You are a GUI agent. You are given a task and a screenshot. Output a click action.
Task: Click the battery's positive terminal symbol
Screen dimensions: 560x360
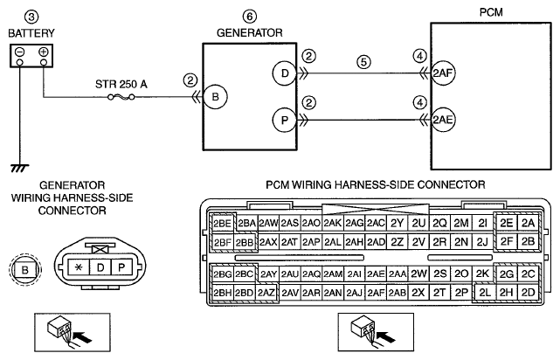(x=43, y=52)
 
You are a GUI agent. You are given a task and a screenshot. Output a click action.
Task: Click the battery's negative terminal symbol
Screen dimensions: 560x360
(x=19, y=52)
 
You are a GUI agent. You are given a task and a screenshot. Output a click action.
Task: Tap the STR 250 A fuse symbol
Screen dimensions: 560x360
(x=121, y=96)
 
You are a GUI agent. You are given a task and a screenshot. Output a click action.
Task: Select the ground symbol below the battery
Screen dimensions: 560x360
(x=19, y=168)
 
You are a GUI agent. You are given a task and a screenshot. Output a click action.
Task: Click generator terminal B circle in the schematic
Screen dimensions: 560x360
(x=215, y=97)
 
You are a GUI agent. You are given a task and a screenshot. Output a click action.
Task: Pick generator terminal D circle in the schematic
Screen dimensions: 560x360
(x=285, y=73)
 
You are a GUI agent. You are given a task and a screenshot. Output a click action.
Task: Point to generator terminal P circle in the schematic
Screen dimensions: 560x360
(x=285, y=120)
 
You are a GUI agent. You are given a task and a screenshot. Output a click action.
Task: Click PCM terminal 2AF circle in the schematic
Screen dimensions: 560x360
(x=443, y=73)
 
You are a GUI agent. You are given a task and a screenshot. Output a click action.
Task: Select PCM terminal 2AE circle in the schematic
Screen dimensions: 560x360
(x=443, y=120)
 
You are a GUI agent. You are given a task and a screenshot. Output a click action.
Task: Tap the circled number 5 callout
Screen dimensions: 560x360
(x=363, y=62)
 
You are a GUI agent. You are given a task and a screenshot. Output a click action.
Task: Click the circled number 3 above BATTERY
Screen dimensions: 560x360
(x=31, y=17)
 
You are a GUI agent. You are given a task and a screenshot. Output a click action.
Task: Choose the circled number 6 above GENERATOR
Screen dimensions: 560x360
(x=250, y=17)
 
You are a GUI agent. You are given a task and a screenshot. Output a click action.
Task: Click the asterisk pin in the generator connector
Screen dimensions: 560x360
(x=79, y=267)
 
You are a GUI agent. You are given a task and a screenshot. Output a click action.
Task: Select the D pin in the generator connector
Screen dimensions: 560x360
(x=100, y=267)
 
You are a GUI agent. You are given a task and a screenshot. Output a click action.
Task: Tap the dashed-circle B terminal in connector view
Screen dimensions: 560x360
(x=25, y=269)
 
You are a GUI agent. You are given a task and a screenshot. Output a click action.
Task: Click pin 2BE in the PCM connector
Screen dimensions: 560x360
(x=223, y=224)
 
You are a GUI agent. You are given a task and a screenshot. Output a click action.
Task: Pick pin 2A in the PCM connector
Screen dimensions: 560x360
(x=528, y=223)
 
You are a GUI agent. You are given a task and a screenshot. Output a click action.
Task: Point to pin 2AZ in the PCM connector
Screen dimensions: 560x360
(x=266, y=293)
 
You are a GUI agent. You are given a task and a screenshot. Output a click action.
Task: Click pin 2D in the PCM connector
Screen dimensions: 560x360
(x=528, y=293)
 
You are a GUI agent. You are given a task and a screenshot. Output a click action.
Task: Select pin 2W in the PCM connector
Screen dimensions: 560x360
(x=418, y=273)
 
